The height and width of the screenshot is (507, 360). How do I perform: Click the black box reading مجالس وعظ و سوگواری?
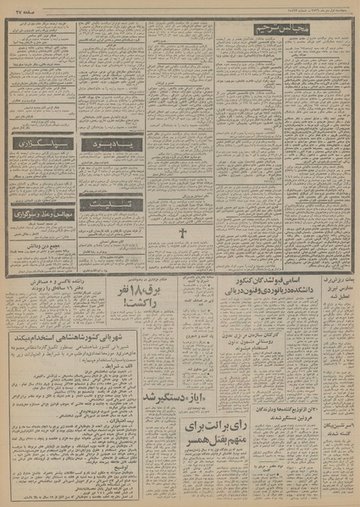(42, 215)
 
